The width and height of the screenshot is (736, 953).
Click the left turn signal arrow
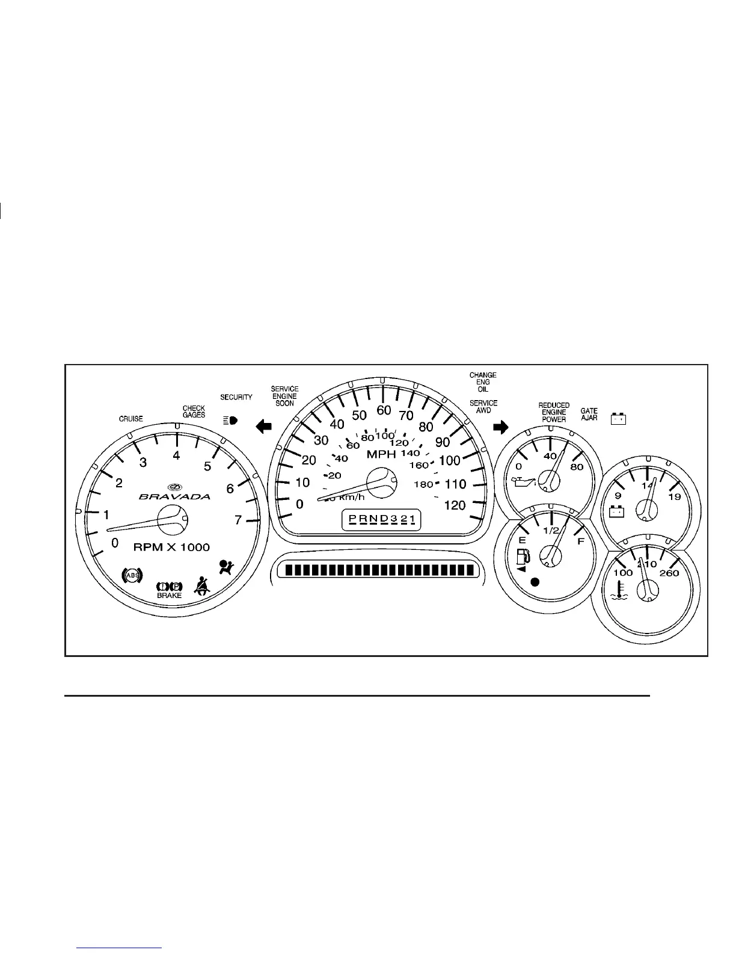264,427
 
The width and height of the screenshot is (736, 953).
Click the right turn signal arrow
500,427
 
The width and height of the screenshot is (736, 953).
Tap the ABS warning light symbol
131,576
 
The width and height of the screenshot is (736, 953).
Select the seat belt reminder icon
201,585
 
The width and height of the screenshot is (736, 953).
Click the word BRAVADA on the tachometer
175,496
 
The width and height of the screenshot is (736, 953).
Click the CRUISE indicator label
130,419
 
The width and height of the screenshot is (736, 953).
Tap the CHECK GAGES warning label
194,412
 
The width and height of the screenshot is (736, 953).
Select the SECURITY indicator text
236,397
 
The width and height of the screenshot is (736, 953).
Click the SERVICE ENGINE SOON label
285,396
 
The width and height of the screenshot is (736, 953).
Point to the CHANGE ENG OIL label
483,382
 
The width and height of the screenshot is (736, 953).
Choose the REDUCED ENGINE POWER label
553,412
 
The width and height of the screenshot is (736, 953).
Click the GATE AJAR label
589,414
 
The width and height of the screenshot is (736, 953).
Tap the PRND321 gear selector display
381,519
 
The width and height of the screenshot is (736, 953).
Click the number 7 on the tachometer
238,520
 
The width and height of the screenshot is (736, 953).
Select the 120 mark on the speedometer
455,505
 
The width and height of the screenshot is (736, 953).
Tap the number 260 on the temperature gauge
669,573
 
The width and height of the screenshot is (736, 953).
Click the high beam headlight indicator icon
230,420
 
